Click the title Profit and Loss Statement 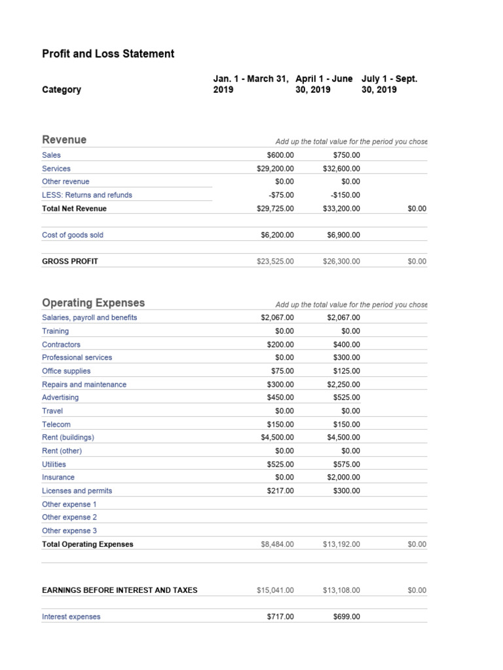coord(108,54)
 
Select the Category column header coord(62,90)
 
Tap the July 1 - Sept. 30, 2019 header coord(389,84)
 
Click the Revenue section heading coord(64,139)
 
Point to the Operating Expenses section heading coord(94,303)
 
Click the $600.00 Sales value coord(280,155)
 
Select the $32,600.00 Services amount coord(341,168)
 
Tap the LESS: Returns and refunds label coord(87,195)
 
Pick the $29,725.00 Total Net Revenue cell coord(276,209)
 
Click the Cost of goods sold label coord(73,235)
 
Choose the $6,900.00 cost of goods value coord(343,235)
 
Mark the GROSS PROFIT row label coord(70,261)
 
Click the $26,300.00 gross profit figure coord(341,261)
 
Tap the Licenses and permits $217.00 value coord(280,491)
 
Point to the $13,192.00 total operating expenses coord(341,544)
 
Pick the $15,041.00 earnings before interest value coord(276,590)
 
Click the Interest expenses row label coord(71,616)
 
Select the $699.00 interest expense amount coord(346,616)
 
